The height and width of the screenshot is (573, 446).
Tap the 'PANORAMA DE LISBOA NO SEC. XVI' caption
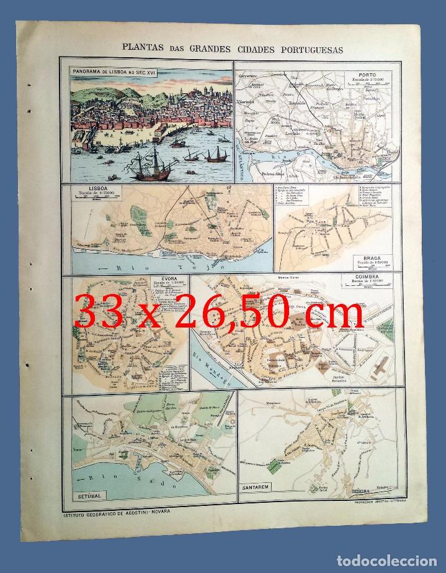(x=117, y=72)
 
